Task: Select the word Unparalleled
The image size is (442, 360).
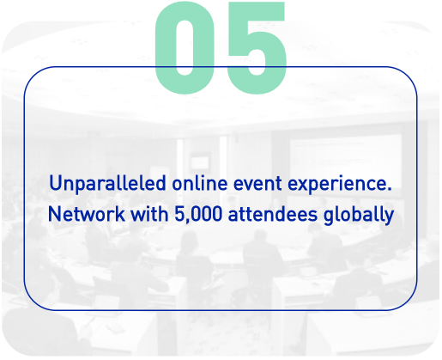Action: point(107,183)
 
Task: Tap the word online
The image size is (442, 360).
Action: point(200,183)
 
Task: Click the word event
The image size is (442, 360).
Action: point(257,183)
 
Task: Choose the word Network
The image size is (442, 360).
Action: point(87,214)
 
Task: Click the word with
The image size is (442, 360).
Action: point(149,214)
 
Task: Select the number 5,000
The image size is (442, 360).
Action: point(198,214)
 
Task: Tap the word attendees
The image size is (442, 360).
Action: point(273,214)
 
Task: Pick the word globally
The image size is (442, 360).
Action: point(359,215)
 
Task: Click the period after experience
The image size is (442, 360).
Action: point(389,189)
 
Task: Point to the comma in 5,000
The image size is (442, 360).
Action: point(188,221)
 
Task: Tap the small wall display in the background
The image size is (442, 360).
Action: point(199,162)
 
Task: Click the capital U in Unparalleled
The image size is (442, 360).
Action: point(57,183)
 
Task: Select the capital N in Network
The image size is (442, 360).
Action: point(55,214)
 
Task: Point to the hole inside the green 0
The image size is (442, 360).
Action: point(185,48)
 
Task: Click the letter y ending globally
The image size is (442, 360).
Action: point(389,217)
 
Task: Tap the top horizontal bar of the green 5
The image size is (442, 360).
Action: point(256,11)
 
